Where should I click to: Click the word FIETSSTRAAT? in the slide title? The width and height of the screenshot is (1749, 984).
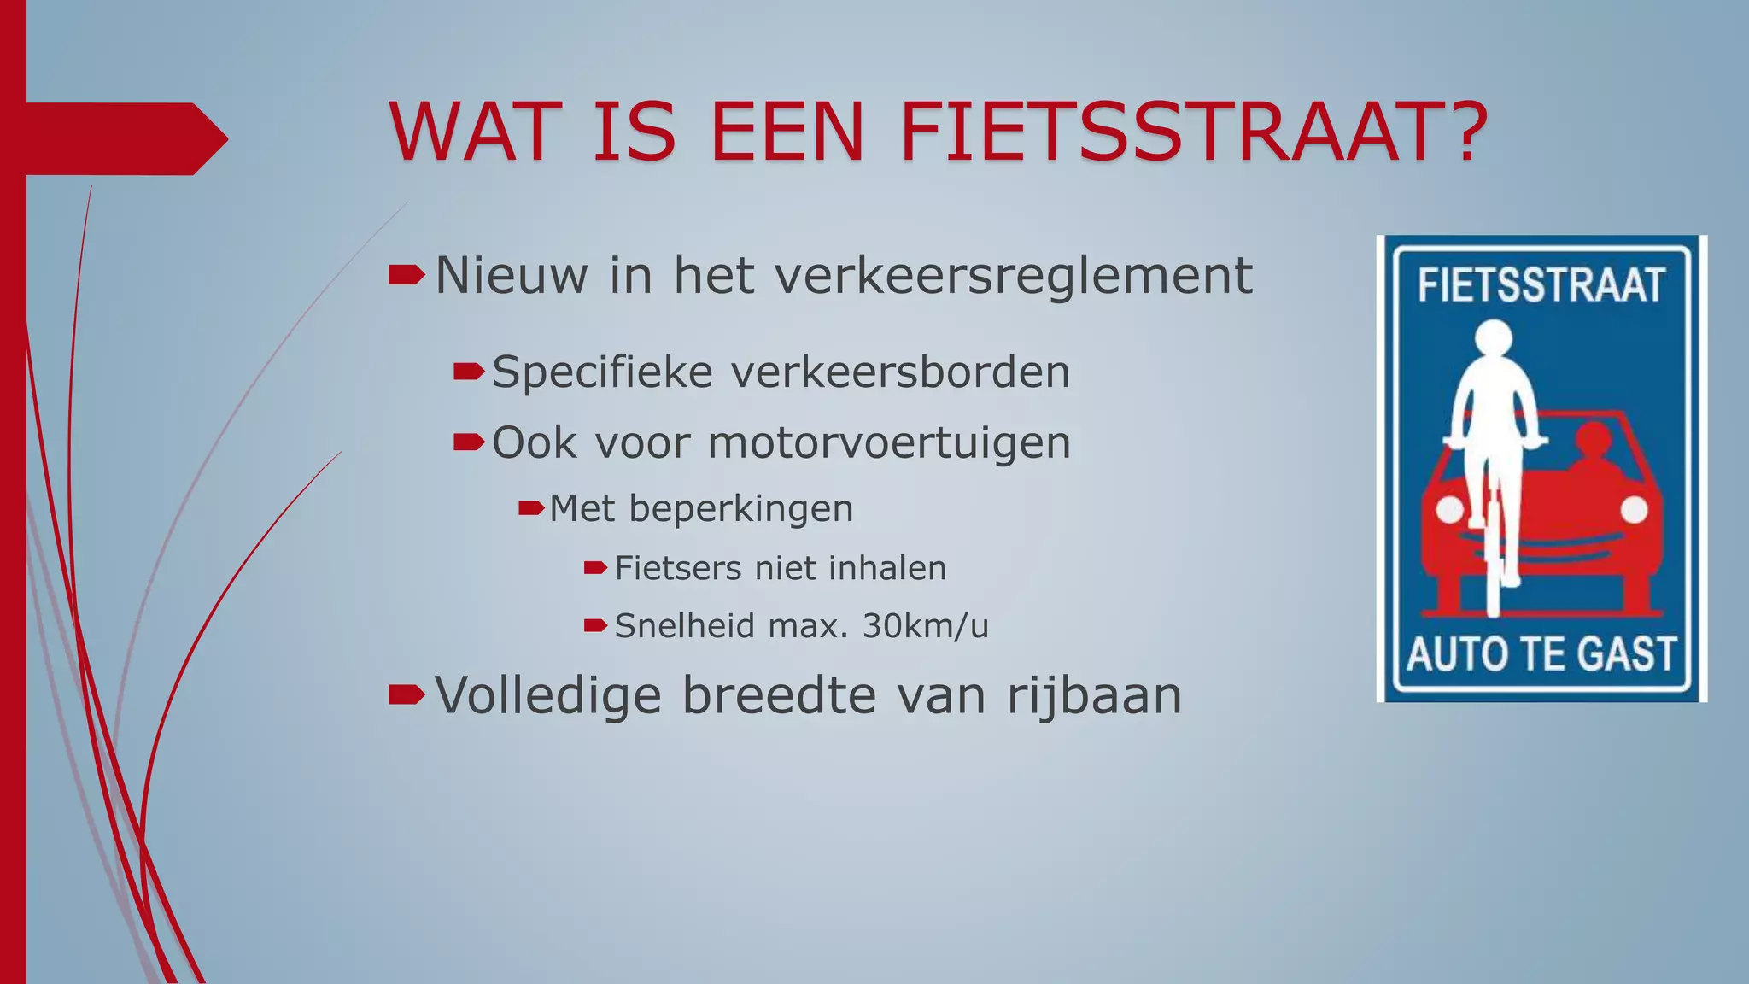[1194, 132]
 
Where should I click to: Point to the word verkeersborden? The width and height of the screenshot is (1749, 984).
[900, 372]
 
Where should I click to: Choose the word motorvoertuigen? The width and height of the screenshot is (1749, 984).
[889, 443]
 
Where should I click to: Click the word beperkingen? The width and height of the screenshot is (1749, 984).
[741, 509]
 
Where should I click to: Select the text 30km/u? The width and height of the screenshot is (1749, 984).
[925, 626]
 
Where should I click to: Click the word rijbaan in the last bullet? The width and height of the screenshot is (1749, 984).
[1094, 695]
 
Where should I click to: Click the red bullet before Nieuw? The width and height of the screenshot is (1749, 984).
[406, 275]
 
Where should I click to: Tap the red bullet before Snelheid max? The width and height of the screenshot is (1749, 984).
[594, 626]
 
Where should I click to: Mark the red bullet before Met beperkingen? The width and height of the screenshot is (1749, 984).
[531, 509]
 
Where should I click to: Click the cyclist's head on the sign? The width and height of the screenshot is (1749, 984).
[1493, 339]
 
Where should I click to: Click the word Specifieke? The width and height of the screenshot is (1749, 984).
[602, 372]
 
